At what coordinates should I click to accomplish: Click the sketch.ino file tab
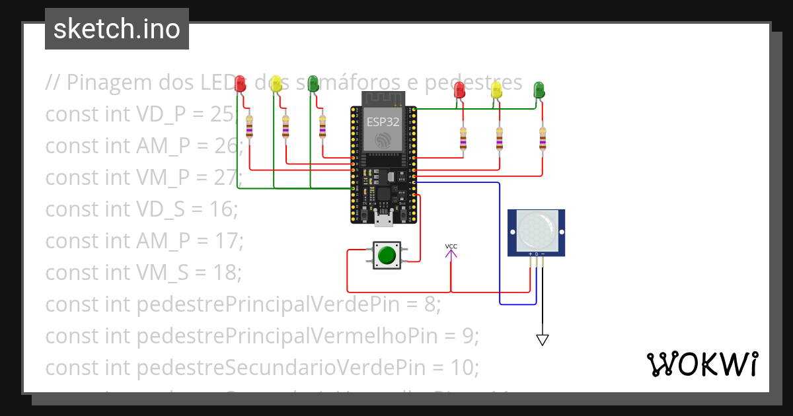coord(117,29)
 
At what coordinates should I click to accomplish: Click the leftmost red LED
coord(241,83)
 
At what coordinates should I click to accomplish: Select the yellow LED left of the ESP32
coord(277,83)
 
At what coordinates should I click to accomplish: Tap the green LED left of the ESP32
coord(313,83)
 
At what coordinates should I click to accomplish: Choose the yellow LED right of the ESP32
coord(496,90)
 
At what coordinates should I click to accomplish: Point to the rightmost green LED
coord(539,90)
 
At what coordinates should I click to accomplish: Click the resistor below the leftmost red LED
coord(249,127)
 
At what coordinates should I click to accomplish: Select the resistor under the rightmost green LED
coord(543,139)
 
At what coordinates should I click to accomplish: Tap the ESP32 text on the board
coord(383,122)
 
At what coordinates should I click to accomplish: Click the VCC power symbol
coord(451,250)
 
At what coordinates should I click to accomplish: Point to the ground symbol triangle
coord(543,340)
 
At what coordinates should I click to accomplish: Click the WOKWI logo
coord(702,364)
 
